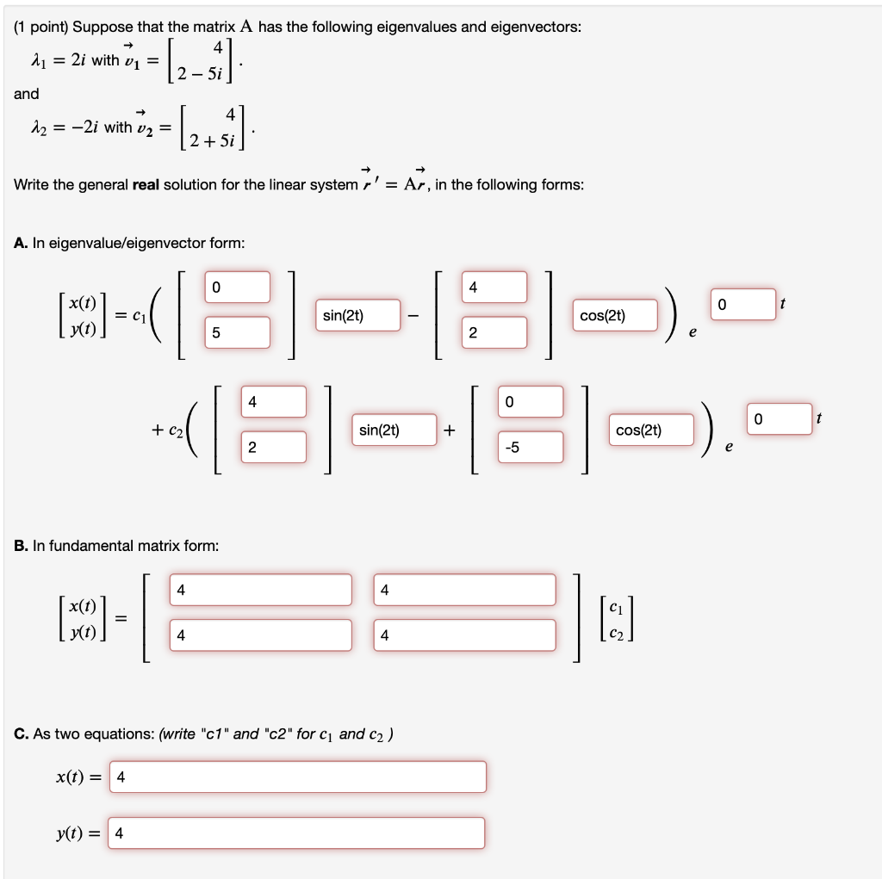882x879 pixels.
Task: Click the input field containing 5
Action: pyautogui.click(x=237, y=332)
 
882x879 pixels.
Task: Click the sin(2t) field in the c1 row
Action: pyautogui.click(x=358, y=316)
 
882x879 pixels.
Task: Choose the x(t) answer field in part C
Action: pyautogui.click(x=298, y=777)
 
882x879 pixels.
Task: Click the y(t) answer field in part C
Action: pyautogui.click(x=296, y=833)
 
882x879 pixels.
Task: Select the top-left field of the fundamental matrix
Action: pyautogui.click(x=261, y=590)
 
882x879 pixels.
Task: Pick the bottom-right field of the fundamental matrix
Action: pyautogui.click(x=465, y=635)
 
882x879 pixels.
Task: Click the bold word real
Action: pyautogui.click(x=151, y=185)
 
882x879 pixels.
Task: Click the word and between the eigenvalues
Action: pyautogui.click(x=26, y=93)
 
